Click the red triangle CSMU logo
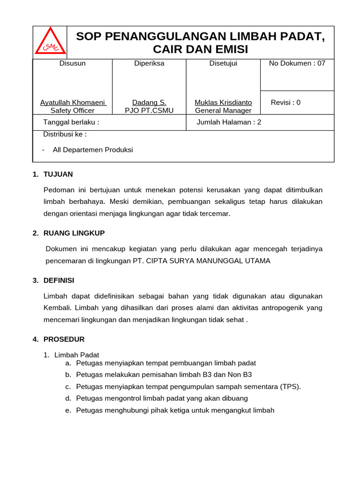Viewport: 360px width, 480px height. [x=50, y=43]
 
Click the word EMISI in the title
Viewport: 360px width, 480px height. [x=230, y=49]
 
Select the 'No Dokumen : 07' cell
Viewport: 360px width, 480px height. [x=297, y=63]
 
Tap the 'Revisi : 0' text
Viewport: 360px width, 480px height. [x=285, y=103]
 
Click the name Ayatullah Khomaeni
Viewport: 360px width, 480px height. [x=73, y=102]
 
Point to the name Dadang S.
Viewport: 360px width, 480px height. [x=149, y=102]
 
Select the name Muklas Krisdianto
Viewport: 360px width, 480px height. [x=223, y=102]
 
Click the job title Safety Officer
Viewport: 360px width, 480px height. [x=73, y=111]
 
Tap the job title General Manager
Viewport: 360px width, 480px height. [x=223, y=111]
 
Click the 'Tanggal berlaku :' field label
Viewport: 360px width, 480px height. [x=71, y=122]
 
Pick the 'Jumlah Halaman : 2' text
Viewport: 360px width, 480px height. [x=229, y=122]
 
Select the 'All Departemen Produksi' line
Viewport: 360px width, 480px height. [x=93, y=150]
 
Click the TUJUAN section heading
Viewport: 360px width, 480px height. [x=58, y=174]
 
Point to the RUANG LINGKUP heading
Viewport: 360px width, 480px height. [x=74, y=233]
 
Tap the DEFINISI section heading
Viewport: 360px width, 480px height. [x=59, y=280]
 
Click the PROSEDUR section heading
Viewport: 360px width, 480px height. [x=64, y=339]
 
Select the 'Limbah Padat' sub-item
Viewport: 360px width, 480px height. [x=77, y=355]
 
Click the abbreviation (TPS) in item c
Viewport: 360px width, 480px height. [x=290, y=387]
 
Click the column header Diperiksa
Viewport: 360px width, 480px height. [x=149, y=63]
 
